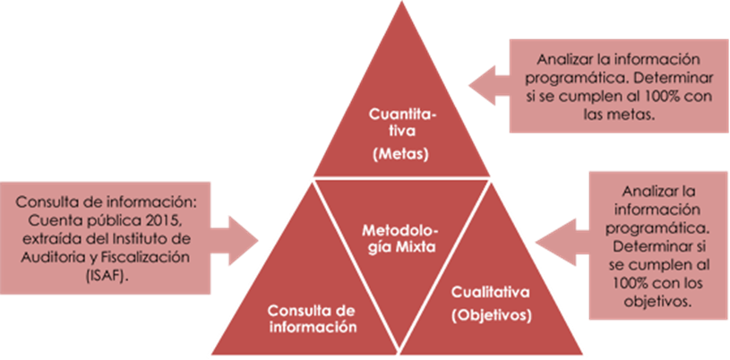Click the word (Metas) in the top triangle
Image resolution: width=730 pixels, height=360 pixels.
pos(400,153)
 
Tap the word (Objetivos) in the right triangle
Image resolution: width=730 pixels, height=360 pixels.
pos(489,315)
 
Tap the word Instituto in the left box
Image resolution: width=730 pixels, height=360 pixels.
pos(170,239)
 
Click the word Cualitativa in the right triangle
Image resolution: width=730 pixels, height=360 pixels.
pos(488,292)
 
